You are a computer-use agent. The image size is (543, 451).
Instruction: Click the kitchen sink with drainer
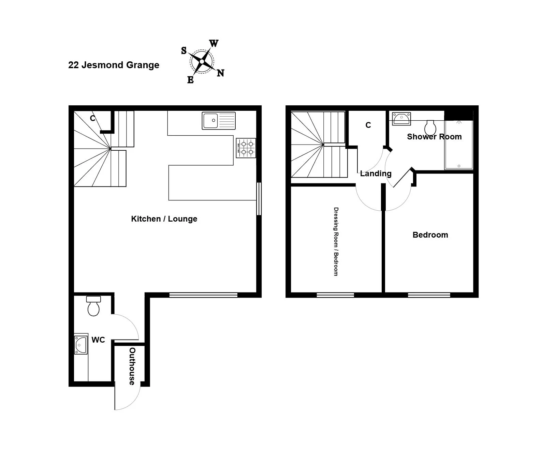219,121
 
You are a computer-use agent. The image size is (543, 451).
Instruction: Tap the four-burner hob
246,148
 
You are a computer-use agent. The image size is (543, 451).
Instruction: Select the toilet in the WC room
93,306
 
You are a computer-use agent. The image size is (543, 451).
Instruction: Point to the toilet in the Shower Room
430,127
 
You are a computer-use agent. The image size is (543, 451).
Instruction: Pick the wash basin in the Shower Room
401,119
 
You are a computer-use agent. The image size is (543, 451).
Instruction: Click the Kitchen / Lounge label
164,219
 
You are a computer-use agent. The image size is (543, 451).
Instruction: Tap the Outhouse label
132,366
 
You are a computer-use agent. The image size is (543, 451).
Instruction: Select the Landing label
376,174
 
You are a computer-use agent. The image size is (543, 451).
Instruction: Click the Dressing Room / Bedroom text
336,241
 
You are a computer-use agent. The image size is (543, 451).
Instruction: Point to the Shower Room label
434,137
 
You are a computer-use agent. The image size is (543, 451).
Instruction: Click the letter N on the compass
221,73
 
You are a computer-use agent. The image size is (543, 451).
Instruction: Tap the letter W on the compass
214,43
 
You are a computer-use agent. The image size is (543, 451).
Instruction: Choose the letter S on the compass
184,50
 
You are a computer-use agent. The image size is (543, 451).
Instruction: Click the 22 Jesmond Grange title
114,65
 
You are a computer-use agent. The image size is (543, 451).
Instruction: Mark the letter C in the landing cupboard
368,125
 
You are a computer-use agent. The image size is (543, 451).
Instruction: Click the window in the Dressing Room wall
335,295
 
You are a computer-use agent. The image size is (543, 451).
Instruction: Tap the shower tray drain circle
459,166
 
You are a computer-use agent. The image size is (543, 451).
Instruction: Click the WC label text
98,340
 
